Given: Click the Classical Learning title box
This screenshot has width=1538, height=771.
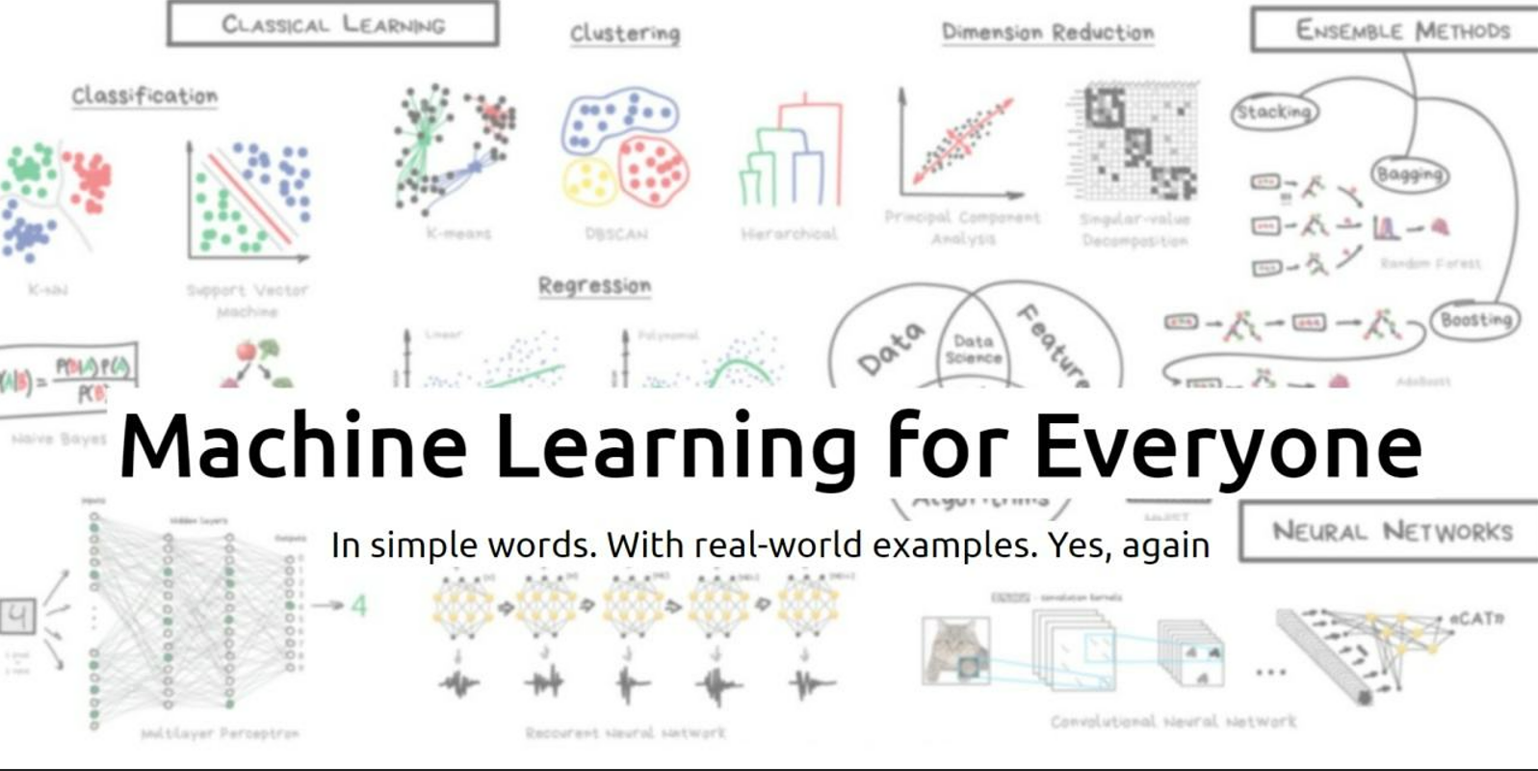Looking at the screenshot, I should pyautogui.click(x=332, y=24).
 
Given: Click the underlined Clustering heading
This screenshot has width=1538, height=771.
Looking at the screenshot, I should pyautogui.click(x=624, y=34).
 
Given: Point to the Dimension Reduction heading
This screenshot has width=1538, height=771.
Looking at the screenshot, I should pyautogui.click(x=1047, y=33).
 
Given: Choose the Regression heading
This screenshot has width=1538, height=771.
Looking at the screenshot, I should pyautogui.click(x=594, y=286).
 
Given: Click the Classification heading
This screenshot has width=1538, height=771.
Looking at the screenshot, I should pyautogui.click(x=144, y=96).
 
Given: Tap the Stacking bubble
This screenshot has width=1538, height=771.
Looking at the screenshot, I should pyautogui.click(x=1273, y=112).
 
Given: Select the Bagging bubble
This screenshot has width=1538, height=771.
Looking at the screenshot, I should pyautogui.click(x=1409, y=174).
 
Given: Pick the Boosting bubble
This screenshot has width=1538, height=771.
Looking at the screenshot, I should pyautogui.click(x=1475, y=320).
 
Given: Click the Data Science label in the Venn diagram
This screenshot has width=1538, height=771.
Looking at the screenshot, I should pyautogui.click(x=973, y=349).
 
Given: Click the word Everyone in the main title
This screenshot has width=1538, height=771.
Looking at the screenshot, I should pyautogui.click(x=1228, y=446).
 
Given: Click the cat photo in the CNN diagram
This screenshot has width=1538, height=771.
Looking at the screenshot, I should pyautogui.click(x=954, y=651).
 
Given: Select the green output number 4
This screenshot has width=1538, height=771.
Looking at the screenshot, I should pyautogui.click(x=358, y=605).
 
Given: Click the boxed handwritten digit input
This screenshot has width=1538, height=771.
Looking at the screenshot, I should pyautogui.click(x=18, y=616).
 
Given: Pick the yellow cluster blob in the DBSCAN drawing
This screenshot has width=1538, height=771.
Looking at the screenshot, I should pyautogui.click(x=588, y=180).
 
